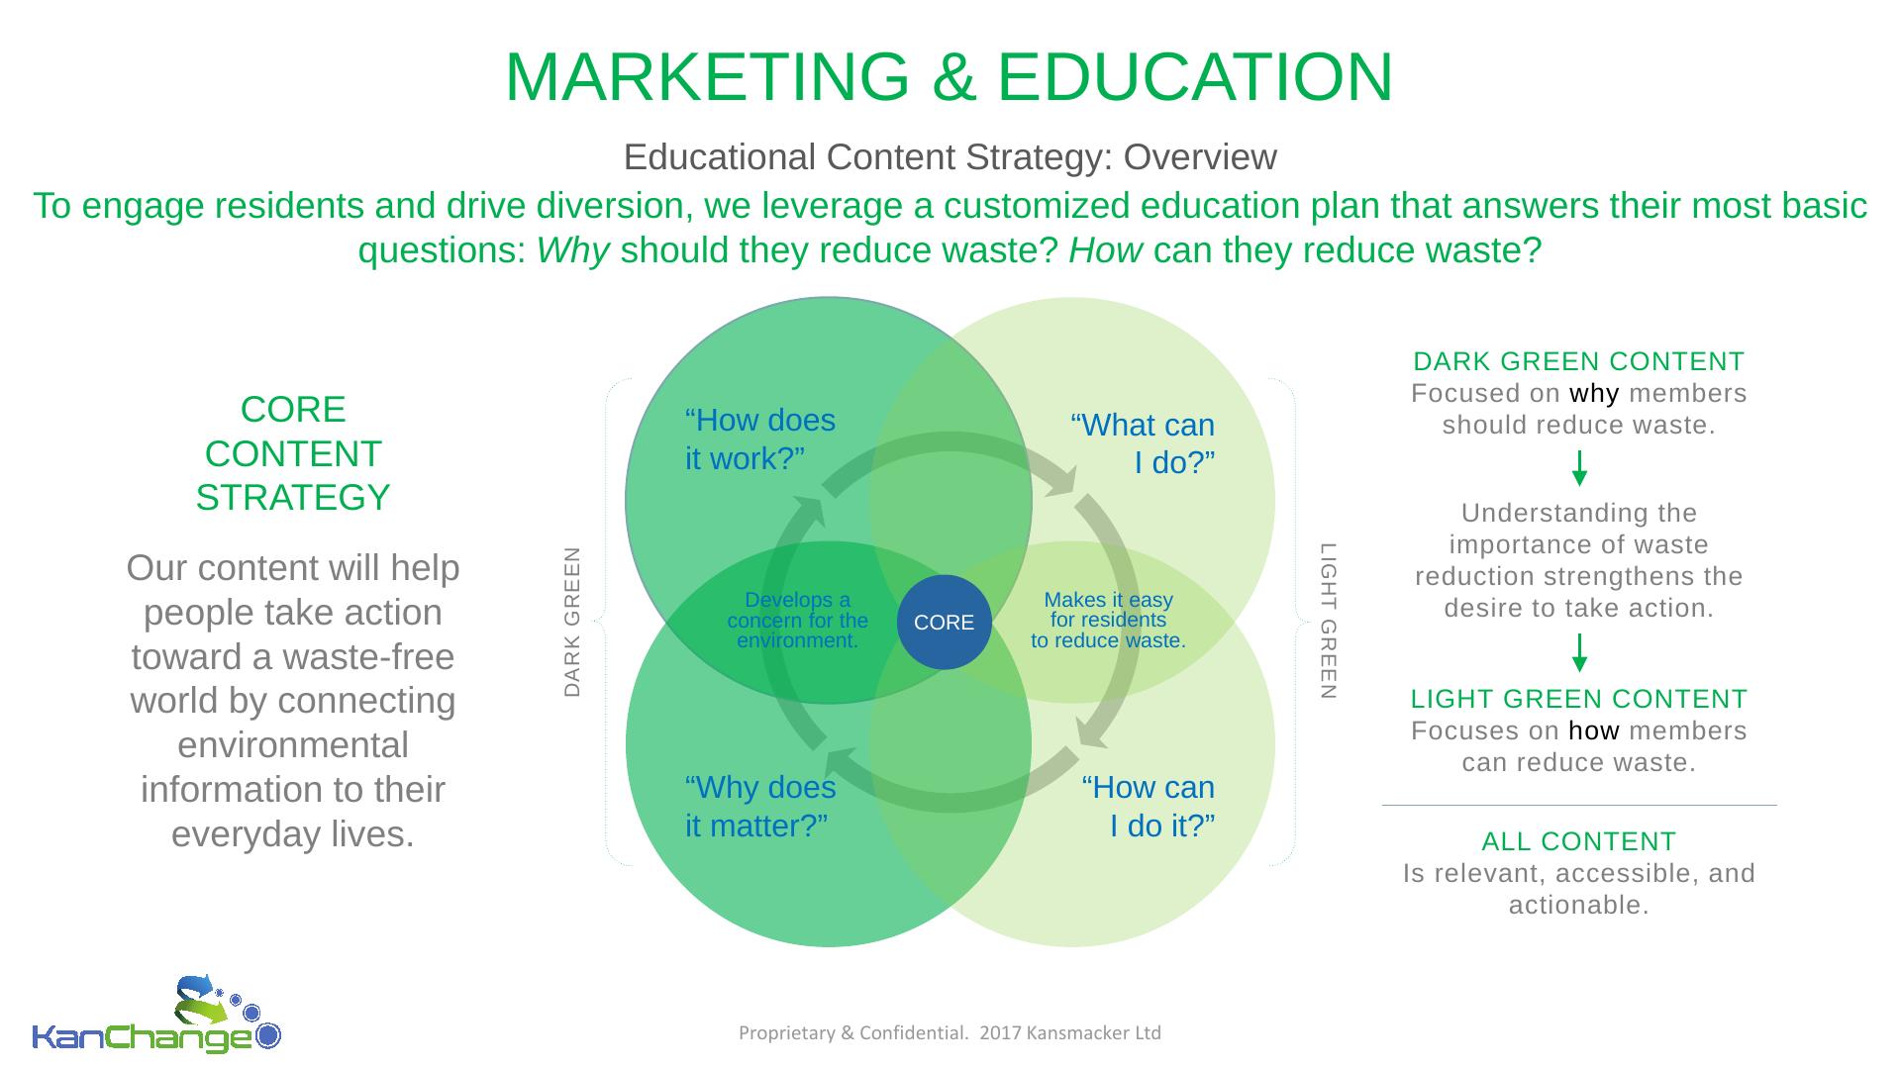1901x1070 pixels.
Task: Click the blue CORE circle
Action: coord(944,623)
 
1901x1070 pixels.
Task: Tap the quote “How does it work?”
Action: coord(759,439)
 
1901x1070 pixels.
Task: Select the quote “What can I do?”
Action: coord(1143,443)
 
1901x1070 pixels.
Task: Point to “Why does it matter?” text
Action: coord(759,807)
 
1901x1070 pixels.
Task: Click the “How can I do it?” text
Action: coord(1149,807)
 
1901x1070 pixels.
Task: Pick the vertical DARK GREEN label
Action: coord(572,622)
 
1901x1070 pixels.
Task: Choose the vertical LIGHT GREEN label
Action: coord(1329,622)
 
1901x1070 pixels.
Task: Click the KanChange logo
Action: coord(156,1017)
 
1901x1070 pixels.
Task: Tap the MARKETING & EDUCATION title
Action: coord(949,76)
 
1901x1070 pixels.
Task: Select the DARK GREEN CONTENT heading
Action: coord(1578,361)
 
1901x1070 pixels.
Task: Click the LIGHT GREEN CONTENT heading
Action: coord(1578,699)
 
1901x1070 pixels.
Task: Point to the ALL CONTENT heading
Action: coord(1578,841)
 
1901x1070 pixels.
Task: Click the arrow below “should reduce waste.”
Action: coord(1579,468)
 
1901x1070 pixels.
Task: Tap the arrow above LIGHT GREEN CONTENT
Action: coord(1579,652)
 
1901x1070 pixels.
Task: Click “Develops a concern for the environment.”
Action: coord(797,621)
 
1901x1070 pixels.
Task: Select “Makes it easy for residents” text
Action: coord(1108,611)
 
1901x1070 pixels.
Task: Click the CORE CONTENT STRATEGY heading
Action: coord(293,453)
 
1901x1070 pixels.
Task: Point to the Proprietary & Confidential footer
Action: coord(950,1033)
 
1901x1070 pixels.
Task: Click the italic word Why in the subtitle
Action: coord(571,251)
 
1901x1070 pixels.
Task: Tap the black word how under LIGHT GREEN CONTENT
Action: coord(1594,730)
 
